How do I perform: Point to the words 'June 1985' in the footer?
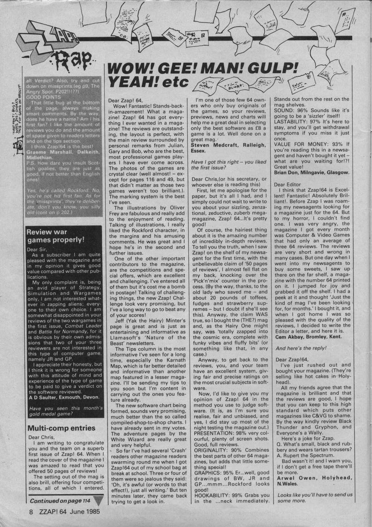coord(84,511)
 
